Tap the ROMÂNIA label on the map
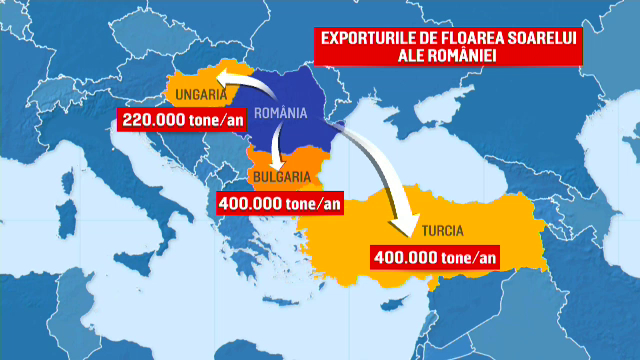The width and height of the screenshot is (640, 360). (x=279, y=113)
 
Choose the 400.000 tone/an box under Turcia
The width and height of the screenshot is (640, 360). (x=434, y=255)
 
